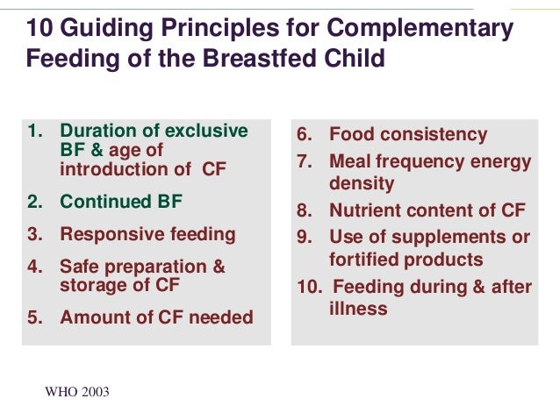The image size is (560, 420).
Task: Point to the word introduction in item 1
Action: (x=112, y=168)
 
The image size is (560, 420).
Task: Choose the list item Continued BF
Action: (x=121, y=202)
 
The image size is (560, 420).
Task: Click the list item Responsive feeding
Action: (x=147, y=234)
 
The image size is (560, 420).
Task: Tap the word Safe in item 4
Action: (x=80, y=267)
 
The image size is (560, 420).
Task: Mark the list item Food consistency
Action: (x=407, y=135)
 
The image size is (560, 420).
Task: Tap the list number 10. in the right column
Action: (x=311, y=287)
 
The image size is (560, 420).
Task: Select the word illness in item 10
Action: (x=358, y=309)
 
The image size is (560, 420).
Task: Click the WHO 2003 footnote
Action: (x=77, y=392)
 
